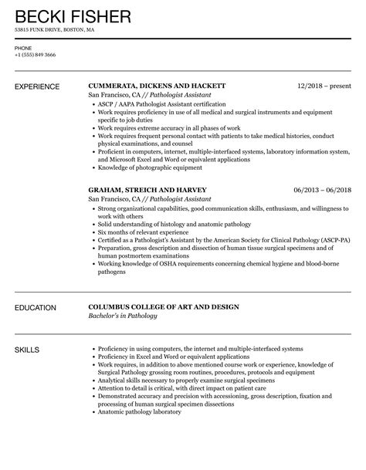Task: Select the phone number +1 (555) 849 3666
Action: coord(36,56)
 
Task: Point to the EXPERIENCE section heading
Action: coord(40,86)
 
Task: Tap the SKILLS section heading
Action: coord(29,350)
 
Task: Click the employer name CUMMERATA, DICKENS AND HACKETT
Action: coord(157,86)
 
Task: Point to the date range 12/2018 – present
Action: coord(324,86)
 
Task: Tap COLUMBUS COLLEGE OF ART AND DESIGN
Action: coord(163,307)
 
